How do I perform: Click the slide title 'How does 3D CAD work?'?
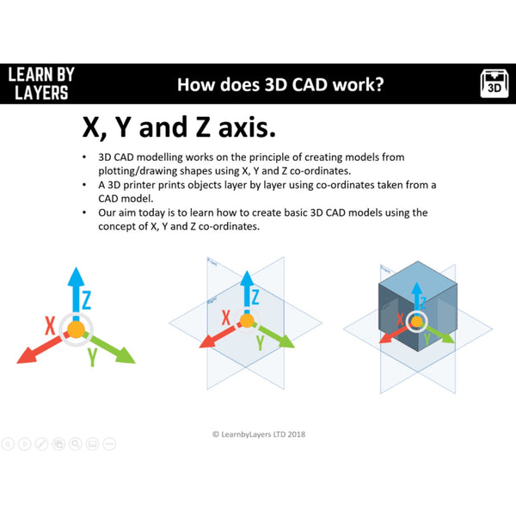tap(280, 84)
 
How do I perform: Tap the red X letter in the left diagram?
tap(52, 326)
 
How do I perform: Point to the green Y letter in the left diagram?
tap(91, 356)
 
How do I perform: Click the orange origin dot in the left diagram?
tap(76, 329)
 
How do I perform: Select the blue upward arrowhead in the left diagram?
tap(76, 275)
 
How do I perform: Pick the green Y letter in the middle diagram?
tap(260, 342)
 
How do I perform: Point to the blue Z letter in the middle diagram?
tap(255, 296)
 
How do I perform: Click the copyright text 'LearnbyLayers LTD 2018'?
tap(258, 434)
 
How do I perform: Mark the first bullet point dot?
tap(83, 158)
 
